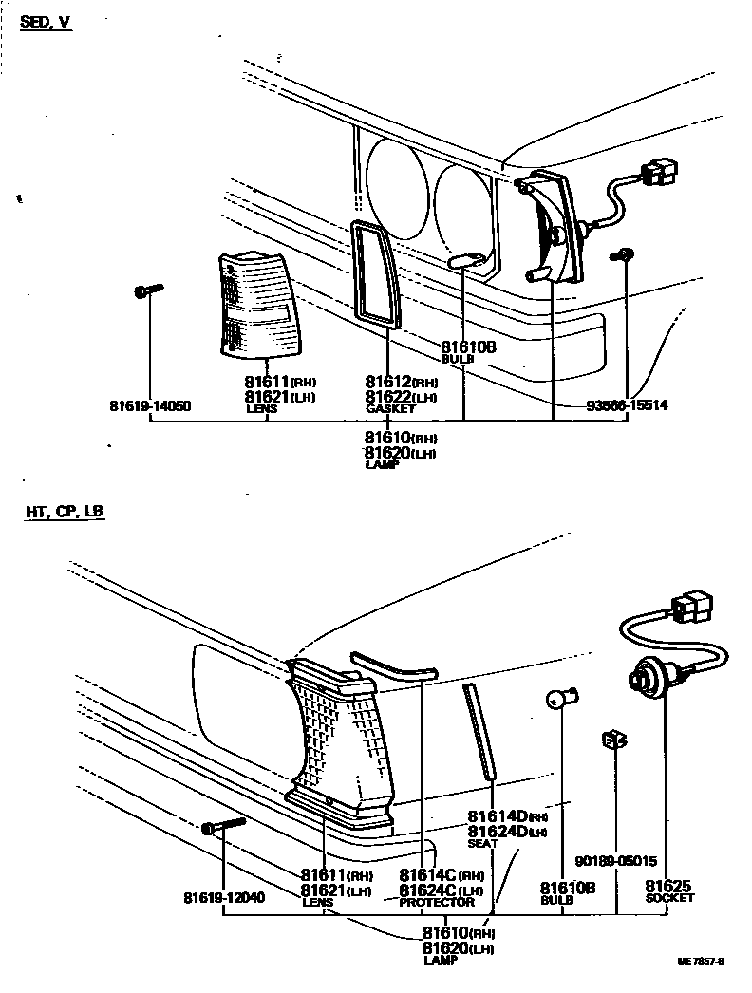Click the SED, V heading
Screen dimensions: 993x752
(x=47, y=22)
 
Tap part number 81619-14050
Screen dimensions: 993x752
(x=150, y=407)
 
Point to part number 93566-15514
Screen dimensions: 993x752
(x=627, y=405)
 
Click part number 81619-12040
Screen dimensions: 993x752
(x=224, y=897)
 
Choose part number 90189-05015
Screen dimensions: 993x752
(x=616, y=862)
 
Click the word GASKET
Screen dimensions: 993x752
(x=390, y=409)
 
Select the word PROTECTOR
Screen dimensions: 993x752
(x=436, y=902)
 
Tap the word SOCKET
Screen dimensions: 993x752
(x=669, y=897)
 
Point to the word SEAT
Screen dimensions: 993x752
(x=482, y=843)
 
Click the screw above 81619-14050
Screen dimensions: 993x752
(x=149, y=290)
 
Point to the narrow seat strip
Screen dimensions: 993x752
(x=479, y=731)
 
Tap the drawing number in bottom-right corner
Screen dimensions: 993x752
(x=701, y=961)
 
